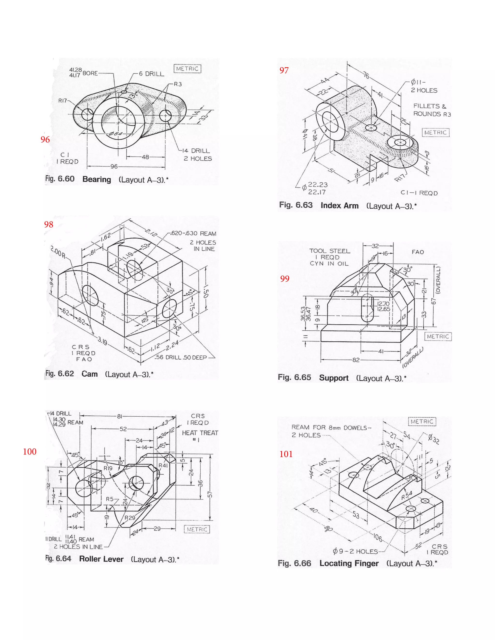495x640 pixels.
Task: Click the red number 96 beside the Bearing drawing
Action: (x=45, y=140)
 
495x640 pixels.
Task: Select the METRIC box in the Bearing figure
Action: (x=187, y=69)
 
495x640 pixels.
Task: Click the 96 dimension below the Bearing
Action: (x=114, y=166)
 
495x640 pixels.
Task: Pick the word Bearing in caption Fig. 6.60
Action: (x=96, y=179)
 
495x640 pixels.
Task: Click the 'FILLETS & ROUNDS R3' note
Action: (x=432, y=110)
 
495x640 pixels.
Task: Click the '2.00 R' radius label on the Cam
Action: (x=58, y=251)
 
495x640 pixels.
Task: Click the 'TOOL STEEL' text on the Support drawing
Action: (x=330, y=251)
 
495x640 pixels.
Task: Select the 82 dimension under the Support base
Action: (x=356, y=360)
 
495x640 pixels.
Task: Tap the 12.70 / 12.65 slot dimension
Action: (x=383, y=306)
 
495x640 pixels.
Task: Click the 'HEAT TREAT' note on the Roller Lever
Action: (x=200, y=433)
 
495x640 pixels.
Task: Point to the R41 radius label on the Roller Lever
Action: (x=163, y=465)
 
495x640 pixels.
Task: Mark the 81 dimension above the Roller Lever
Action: (x=120, y=416)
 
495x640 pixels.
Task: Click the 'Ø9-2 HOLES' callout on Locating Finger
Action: (x=355, y=551)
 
